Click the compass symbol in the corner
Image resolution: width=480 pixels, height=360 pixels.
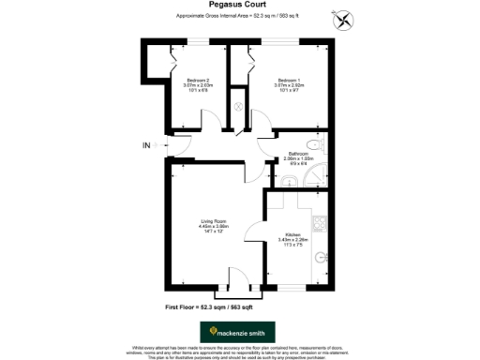pyautogui.click(x=338, y=20)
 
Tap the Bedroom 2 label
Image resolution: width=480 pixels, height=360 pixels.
pyautogui.click(x=198, y=80)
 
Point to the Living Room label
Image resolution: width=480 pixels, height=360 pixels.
pyautogui.click(x=214, y=220)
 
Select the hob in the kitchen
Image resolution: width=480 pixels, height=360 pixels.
pyautogui.click(x=319, y=223)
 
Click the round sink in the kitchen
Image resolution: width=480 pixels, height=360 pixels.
pyautogui.click(x=322, y=255)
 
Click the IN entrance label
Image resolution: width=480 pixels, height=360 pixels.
pyautogui.click(x=146, y=145)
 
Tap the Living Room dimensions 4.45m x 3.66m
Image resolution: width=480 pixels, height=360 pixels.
pyautogui.click(x=214, y=226)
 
